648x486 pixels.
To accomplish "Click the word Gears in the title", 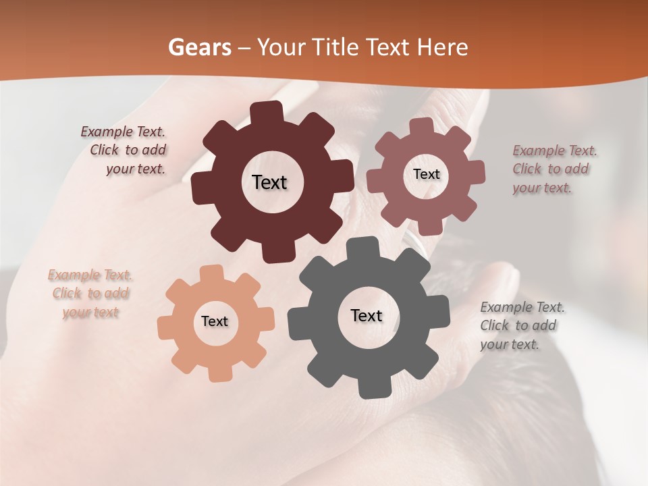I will pos(200,47).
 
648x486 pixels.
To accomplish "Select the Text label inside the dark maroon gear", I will pos(270,182).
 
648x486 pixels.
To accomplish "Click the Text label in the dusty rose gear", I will pos(426,174).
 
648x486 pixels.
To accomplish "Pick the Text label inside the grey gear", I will pos(367,315).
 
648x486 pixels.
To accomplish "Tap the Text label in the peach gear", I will pos(215,321).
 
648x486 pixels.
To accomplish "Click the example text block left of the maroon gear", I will pos(126,151).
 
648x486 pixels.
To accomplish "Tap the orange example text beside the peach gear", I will pos(90,294).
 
